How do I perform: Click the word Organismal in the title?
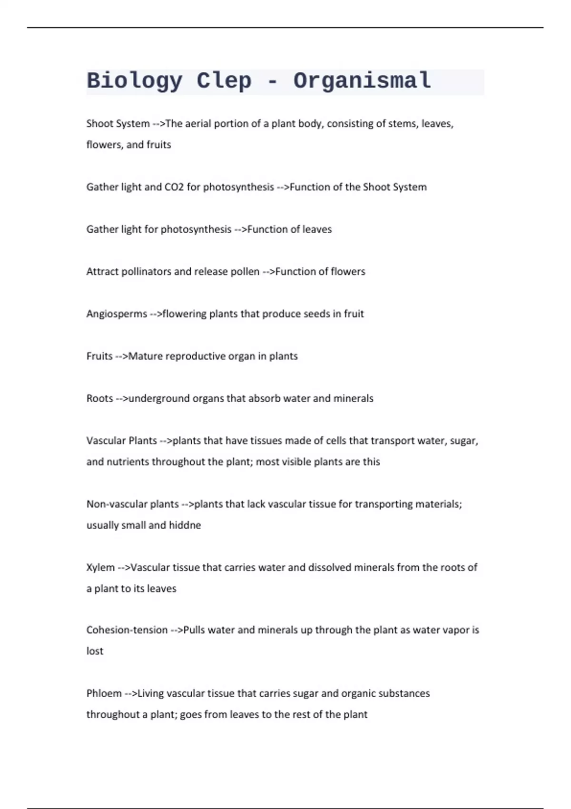[362, 81]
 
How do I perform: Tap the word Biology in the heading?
[135, 81]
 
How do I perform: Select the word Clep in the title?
[224, 81]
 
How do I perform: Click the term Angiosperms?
[117, 314]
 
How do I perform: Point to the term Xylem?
[100, 567]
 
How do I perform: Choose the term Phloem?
[104, 693]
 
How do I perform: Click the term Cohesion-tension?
[127, 630]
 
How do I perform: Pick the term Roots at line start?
[99, 398]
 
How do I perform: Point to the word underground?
[159, 398]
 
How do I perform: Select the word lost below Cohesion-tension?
[95, 651]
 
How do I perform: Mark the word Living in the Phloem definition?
[150, 693]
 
